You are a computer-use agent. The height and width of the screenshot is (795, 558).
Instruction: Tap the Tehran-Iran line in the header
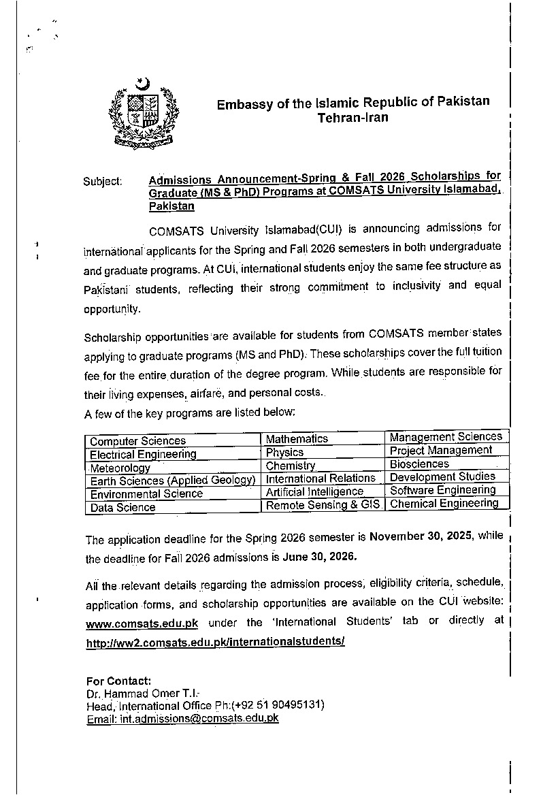pos(353,118)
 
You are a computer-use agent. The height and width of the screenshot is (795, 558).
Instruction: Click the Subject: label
pos(103,182)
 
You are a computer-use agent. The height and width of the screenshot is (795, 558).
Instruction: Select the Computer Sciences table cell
pos(137,441)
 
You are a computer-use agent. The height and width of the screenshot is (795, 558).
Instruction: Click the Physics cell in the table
pos(284,453)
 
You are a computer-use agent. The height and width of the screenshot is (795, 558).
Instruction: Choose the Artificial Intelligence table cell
pos(314,491)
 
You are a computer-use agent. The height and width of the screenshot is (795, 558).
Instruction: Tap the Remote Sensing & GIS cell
pos(323,506)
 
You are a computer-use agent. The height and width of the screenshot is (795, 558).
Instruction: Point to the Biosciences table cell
pos(419,464)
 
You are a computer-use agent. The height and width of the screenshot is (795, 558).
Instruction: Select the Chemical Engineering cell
pos(444,504)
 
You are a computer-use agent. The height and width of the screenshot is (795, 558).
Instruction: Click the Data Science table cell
pos(122,508)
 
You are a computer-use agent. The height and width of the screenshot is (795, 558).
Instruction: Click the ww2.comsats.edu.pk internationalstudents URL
pos(216,642)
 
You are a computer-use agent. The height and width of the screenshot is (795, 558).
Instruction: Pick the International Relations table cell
pos(321,478)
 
